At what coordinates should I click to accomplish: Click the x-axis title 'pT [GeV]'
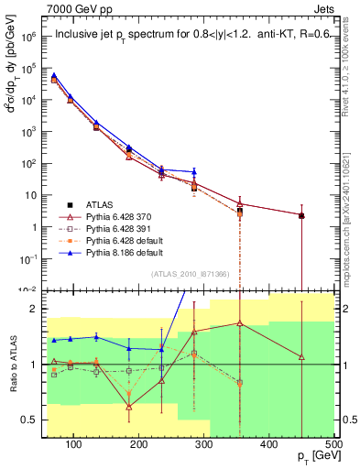tap(316, 458)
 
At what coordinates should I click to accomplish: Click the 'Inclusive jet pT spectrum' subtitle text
tap(137, 37)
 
